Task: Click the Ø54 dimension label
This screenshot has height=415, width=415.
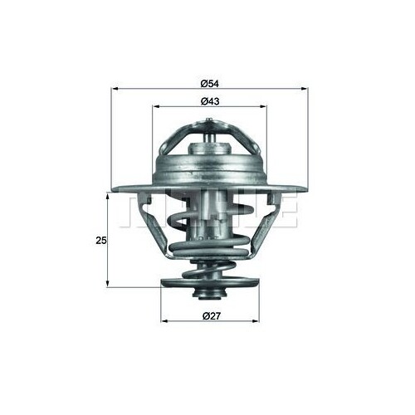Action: (x=209, y=84)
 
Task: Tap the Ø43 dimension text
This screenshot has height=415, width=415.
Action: (x=210, y=101)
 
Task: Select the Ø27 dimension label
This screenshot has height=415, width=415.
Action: (x=212, y=316)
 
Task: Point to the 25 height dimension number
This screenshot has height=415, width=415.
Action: (x=101, y=241)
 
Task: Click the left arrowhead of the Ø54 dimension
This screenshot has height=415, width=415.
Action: (x=115, y=89)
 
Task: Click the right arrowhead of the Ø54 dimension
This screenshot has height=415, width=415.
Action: (x=304, y=89)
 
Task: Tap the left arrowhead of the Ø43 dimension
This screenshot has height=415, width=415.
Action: (x=156, y=106)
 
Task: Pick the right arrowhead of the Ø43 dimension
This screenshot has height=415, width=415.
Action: (x=263, y=106)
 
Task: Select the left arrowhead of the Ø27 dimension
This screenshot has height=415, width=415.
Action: (x=164, y=321)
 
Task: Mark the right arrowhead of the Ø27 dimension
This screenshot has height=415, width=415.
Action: (x=256, y=321)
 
